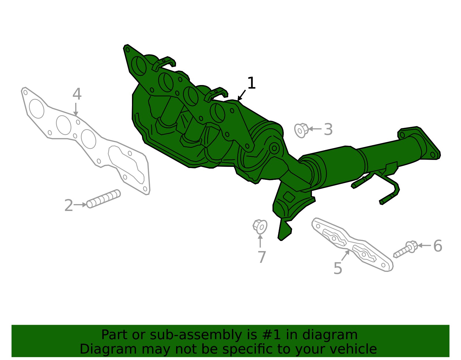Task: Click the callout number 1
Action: (252, 83)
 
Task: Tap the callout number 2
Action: (69, 205)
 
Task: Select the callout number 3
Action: (328, 129)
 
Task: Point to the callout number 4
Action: (77, 94)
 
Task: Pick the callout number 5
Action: (338, 268)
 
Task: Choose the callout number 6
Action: (438, 246)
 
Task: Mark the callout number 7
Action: (262, 257)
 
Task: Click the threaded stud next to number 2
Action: (103, 199)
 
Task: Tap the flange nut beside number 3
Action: (301, 131)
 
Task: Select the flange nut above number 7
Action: (260, 227)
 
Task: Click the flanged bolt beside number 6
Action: (405, 250)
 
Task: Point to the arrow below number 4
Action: (76, 109)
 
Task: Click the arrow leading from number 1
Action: (242, 95)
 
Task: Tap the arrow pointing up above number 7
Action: (260, 241)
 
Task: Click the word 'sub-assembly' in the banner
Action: (196, 335)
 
